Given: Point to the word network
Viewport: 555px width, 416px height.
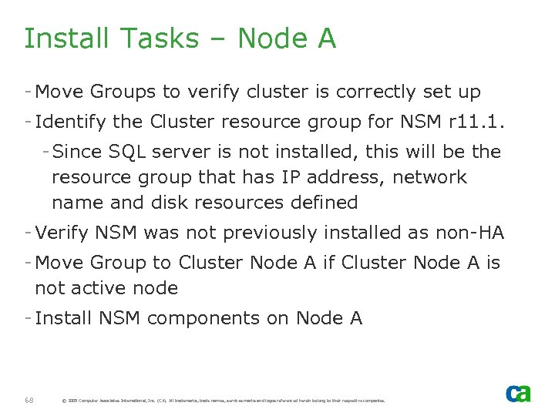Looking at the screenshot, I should (x=429, y=177).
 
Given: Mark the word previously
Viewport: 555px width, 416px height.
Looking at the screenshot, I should (x=264, y=233).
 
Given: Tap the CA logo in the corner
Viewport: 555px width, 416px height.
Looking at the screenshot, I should (x=518, y=393).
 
